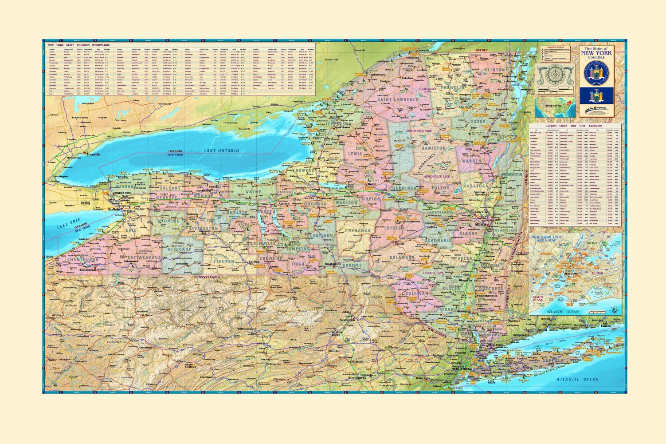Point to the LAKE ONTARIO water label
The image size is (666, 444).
221,151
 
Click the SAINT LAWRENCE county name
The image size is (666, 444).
398,100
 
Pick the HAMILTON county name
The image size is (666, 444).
434,148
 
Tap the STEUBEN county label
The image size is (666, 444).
224,262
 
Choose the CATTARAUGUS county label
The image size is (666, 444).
144,258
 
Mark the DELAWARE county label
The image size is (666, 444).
402,258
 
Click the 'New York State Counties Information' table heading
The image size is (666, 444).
79,45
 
